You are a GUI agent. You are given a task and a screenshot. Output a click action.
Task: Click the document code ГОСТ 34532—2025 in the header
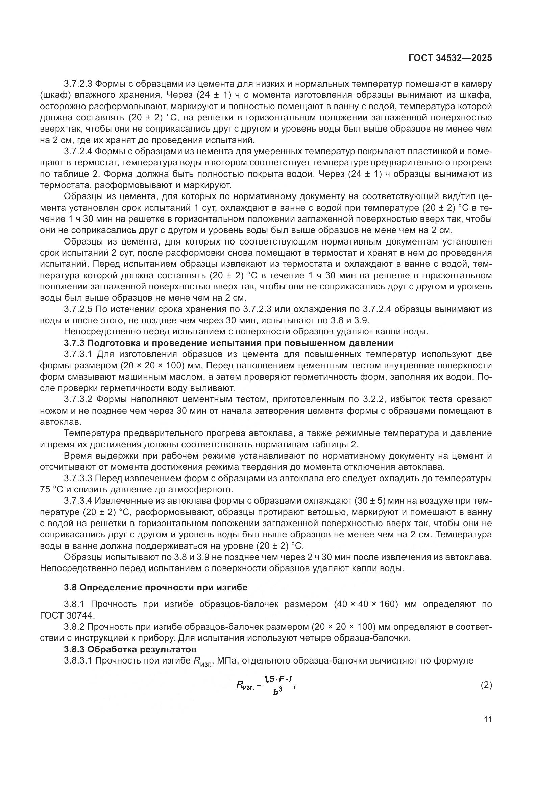pyautogui.click(x=450, y=58)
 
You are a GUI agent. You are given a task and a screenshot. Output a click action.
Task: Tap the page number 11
pyautogui.click(x=487, y=720)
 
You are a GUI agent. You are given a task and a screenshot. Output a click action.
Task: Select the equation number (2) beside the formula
pyautogui.click(x=486, y=685)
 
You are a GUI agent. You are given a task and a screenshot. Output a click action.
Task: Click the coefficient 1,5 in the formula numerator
pyautogui.click(x=269, y=679)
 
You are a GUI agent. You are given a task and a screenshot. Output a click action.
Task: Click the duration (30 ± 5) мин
pyautogui.click(x=378, y=501)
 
